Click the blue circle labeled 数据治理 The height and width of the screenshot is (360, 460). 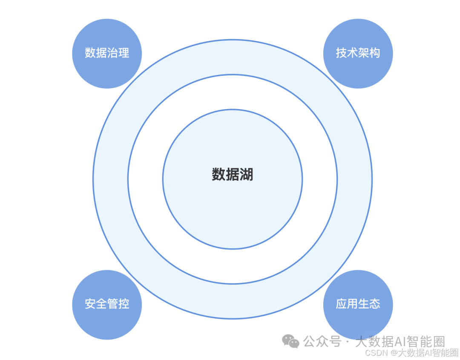(x=107, y=54)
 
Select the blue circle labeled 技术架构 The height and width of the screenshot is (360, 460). (x=358, y=54)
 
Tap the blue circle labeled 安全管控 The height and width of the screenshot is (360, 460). (x=107, y=305)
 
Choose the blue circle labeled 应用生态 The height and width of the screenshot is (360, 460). (x=358, y=305)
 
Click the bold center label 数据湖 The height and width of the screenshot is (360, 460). (x=233, y=175)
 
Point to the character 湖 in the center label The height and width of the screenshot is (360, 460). (x=247, y=175)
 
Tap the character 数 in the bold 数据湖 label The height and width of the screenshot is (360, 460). (x=218, y=175)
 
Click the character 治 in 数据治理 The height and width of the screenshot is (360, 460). (x=112, y=53)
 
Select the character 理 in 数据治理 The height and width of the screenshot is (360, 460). (x=124, y=53)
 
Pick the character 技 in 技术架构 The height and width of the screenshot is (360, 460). (x=341, y=53)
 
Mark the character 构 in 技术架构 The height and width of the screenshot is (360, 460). (x=375, y=53)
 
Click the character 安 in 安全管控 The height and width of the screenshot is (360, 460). (x=90, y=304)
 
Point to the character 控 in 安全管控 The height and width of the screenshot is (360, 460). (x=124, y=304)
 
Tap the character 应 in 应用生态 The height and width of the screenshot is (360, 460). (x=341, y=304)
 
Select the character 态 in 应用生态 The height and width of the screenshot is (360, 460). (x=375, y=304)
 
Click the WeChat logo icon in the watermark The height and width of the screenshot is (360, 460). (x=292, y=341)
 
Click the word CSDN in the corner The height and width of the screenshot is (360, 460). (x=375, y=353)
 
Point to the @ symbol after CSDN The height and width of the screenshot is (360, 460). (x=394, y=353)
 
